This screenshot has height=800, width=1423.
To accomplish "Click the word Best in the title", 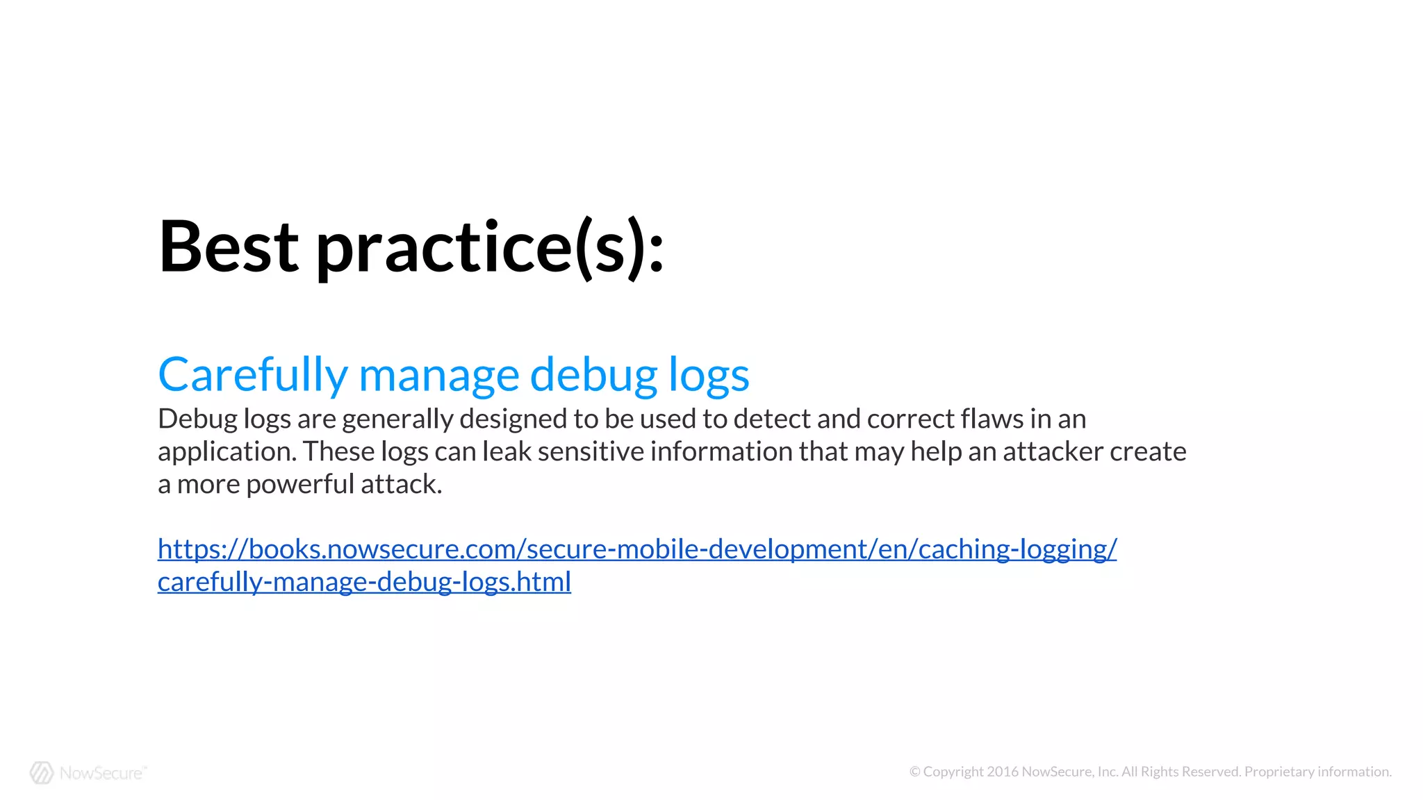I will pyautogui.click(x=229, y=247).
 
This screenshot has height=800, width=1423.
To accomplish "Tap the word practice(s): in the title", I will pyautogui.click(x=491, y=248).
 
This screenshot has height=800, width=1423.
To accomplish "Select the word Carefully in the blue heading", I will pyautogui.click(x=252, y=375).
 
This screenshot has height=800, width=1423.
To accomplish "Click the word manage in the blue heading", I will pyautogui.click(x=438, y=375).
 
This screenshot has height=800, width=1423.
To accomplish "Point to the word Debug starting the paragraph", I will pyautogui.click(x=197, y=419).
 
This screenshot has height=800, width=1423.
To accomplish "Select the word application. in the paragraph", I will pyautogui.click(x=227, y=452).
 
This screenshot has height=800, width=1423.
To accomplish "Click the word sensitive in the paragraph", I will pyautogui.click(x=591, y=451).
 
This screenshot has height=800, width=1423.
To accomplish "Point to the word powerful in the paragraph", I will pyautogui.click(x=300, y=484).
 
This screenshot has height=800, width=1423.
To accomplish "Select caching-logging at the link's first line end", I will pyautogui.click(x=1014, y=549).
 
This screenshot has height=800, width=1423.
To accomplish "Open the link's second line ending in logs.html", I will pyautogui.click(x=364, y=582).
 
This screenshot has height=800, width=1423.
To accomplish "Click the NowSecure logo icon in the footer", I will pyautogui.click(x=42, y=772).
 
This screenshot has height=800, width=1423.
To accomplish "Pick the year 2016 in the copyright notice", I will pyautogui.click(x=1003, y=772).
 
